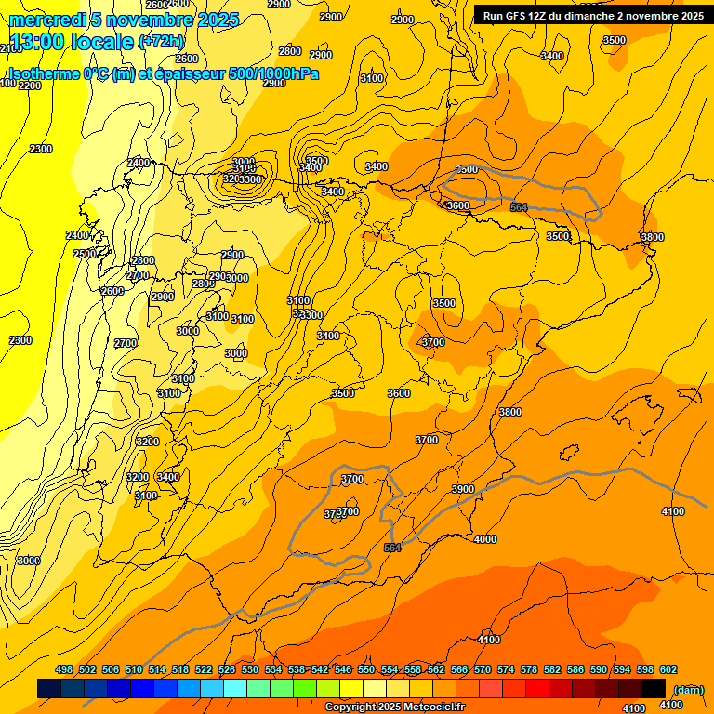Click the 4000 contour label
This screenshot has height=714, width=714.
(x=485, y=539)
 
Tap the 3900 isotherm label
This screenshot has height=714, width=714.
(x=463, y=489)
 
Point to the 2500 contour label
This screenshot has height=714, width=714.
(x=85, y=254)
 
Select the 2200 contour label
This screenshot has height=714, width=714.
(x=30, y=86)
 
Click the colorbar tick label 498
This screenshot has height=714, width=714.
(x=64, y=669)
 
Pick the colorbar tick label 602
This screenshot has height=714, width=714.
(x=668, y=669)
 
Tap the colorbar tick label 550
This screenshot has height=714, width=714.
(x=366, y=669)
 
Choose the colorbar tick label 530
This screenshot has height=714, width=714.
(x=250, y=669)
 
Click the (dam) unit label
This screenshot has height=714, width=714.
(x=688, y=689)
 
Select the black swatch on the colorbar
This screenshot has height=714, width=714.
(x=654, y=688)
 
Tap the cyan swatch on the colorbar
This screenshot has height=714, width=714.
(x=235, y=688)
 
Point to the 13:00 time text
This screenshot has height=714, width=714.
(x=35, y=42)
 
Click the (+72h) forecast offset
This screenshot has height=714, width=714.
(x=161, y=42)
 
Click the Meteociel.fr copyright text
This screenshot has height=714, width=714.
(x=425, y=707)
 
